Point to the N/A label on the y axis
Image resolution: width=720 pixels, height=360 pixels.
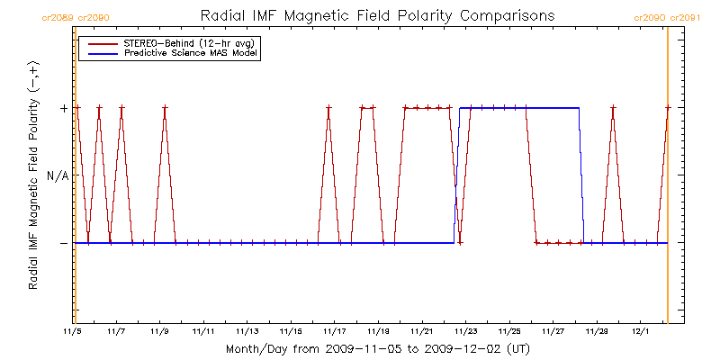58,175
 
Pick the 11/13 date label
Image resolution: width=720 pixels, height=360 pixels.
247,331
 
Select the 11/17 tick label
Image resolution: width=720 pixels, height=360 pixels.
335,331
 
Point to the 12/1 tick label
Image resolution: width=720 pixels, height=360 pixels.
640,331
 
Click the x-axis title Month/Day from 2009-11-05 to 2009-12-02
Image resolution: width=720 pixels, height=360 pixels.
377,347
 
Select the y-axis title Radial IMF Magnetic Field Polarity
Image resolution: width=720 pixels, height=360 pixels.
33,176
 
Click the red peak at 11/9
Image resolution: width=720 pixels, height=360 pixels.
165,108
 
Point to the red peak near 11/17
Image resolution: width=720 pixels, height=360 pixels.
328,108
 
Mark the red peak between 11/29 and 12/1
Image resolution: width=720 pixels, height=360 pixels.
613,108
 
